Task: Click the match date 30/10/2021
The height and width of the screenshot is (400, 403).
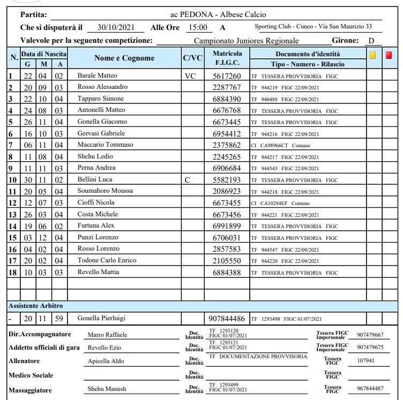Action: coord(116,27)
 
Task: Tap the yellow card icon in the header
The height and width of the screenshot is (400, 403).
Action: coord(373,55)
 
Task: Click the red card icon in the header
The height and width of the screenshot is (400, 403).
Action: coord(389,55)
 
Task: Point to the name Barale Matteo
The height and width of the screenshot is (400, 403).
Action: coord(97,76)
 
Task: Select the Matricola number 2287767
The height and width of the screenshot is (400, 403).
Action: coord(227,87)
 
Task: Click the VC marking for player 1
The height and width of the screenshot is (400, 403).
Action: coord(190,76)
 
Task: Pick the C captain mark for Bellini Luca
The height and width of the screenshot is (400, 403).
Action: coord(187,180)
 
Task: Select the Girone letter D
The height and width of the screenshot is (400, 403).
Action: coord(371,41)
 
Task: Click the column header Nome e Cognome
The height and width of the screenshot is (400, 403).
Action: coord(124,58)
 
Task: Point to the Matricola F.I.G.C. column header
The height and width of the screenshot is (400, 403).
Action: coord(227,58)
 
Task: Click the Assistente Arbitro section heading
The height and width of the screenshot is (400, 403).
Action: coord(35,306)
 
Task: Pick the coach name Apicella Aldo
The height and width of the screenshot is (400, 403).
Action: coord(106,361)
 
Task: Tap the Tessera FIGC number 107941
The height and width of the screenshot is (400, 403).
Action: coord(367,361)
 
